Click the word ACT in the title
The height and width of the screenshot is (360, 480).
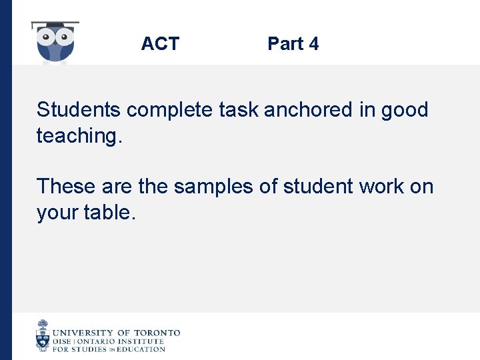click(x=160, y=44)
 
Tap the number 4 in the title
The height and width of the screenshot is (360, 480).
click(x=313, y=44)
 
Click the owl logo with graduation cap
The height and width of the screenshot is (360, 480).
click(x=55, y=43)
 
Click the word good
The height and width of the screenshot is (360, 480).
click(x=405, y=109)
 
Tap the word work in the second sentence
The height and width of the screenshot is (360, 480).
click(x=381, y=186)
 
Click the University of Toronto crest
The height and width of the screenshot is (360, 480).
click(x=43, y=335)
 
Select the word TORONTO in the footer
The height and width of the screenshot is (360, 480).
click(x=157, y=332)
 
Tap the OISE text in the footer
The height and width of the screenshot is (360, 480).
click(x=63, y=341)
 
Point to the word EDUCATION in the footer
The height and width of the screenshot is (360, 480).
click(x=141, y=349)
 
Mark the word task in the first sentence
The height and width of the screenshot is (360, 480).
click(x=236, y=109)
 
